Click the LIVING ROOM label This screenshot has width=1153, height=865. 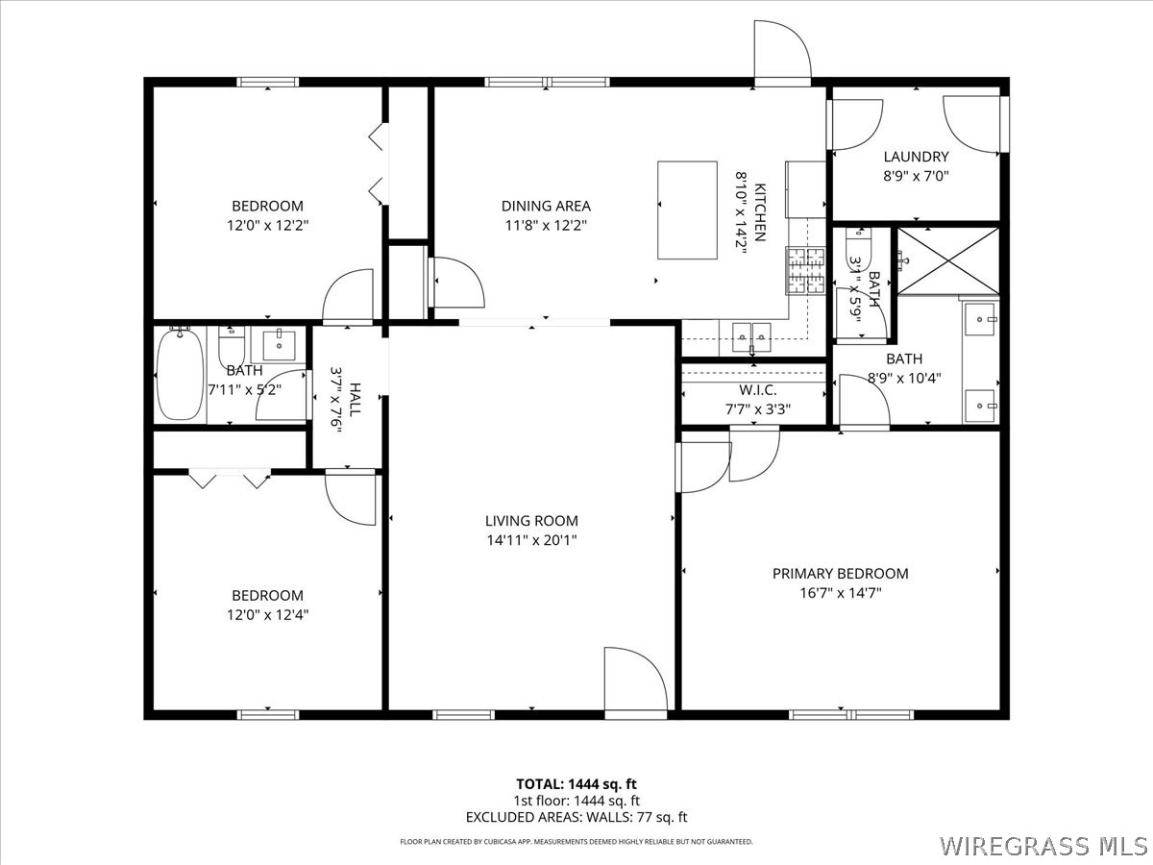coord(531,521)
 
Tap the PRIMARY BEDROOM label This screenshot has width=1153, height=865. coord(840,574)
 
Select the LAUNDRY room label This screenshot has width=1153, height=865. coord(916,157)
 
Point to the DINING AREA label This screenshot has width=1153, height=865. coord(546,206)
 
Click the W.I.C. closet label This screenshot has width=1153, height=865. coord(758,390)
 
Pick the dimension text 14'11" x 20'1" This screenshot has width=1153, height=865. coord(531,540)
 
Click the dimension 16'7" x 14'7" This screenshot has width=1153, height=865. coord(840,593)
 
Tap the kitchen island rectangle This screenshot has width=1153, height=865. coord(687,210)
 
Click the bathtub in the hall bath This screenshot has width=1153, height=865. coord(180,374)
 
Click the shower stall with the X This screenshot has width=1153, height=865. coord(947,260)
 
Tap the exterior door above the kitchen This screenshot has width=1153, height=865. coord(782,52)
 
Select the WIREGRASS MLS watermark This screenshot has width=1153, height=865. coord(1043,846)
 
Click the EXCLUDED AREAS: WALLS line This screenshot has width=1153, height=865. coord(576,818)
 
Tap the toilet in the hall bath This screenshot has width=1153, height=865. coord(232,344)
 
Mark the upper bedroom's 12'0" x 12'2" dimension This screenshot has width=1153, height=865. coord(267,225)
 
